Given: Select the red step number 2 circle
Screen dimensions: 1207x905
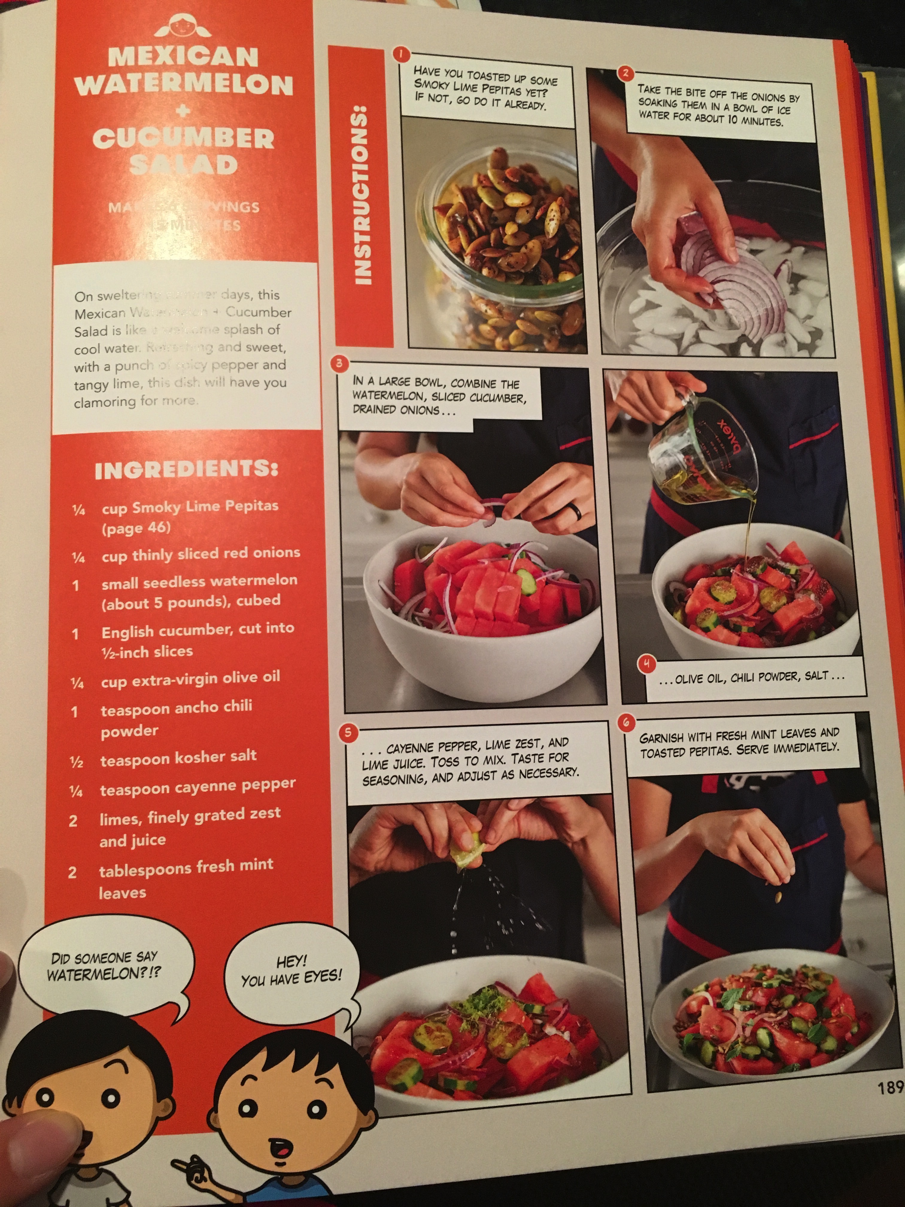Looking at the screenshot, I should [625, 72].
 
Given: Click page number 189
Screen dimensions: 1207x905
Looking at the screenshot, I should [890, 1088].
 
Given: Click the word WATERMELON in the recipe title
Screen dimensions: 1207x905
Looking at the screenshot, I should [184, 85].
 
